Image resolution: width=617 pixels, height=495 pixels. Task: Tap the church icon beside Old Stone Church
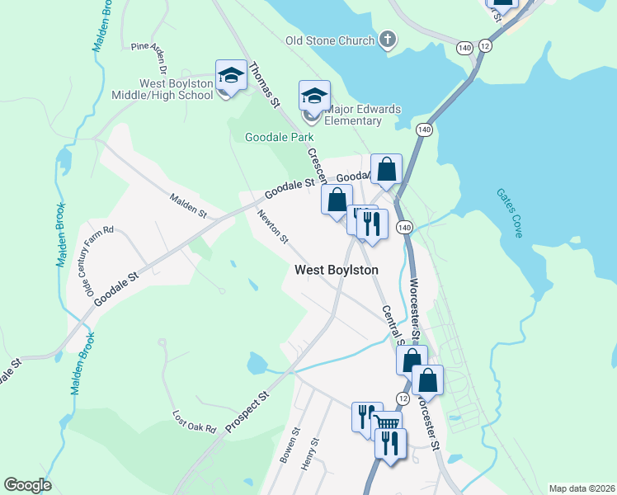point(388,40)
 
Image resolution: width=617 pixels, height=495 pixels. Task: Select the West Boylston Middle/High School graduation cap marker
point(232,77)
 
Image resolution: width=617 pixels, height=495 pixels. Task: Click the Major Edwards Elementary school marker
point(314,97)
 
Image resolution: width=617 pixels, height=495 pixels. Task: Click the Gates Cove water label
point(510,213)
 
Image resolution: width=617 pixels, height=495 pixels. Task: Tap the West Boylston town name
point(337,270)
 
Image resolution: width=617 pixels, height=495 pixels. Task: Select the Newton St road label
point(271,227)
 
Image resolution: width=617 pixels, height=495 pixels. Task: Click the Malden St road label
point(188,205)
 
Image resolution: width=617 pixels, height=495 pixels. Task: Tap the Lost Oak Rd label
point(193,422)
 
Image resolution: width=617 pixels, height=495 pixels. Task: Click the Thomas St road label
point(265,85)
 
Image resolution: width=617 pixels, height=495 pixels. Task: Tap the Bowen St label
point(288,445)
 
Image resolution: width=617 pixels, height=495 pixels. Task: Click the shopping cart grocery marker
point(386,424)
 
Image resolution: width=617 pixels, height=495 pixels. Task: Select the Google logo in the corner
point(27,485)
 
